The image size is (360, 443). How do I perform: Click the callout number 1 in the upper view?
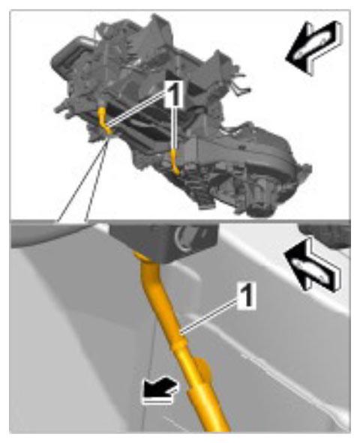[174, 94]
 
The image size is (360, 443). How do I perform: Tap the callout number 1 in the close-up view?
[247, 295]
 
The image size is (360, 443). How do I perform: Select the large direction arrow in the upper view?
[314, 47]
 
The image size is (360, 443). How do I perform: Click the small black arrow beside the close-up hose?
[160, 391]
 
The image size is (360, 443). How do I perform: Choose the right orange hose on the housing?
[175, 163]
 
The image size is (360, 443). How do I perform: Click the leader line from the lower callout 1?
[209, 317]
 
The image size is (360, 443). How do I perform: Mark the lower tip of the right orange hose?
[177, 173]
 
